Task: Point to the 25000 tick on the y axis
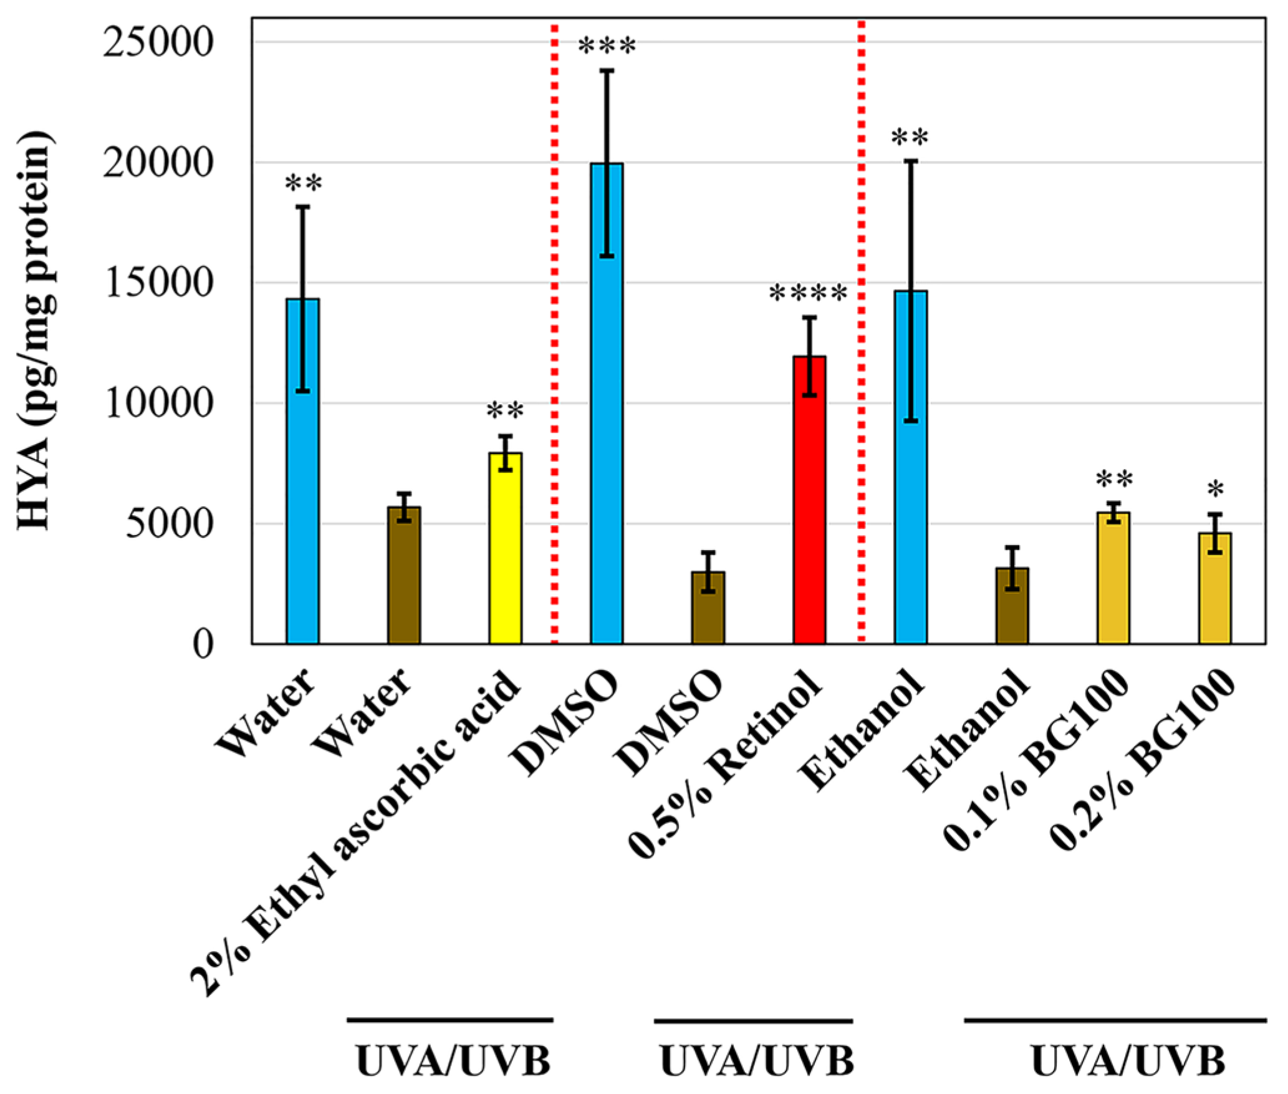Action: coord(158,43)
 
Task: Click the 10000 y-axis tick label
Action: coord(158,404)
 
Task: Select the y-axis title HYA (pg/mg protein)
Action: coord(35,331)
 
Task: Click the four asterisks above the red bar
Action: coord(809,294)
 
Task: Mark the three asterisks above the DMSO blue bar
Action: coord(607,47)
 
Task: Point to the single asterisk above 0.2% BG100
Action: coord(1215,491)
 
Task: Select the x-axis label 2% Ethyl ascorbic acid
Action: coord(355,830)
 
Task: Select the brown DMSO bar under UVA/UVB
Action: coord(708,608)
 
